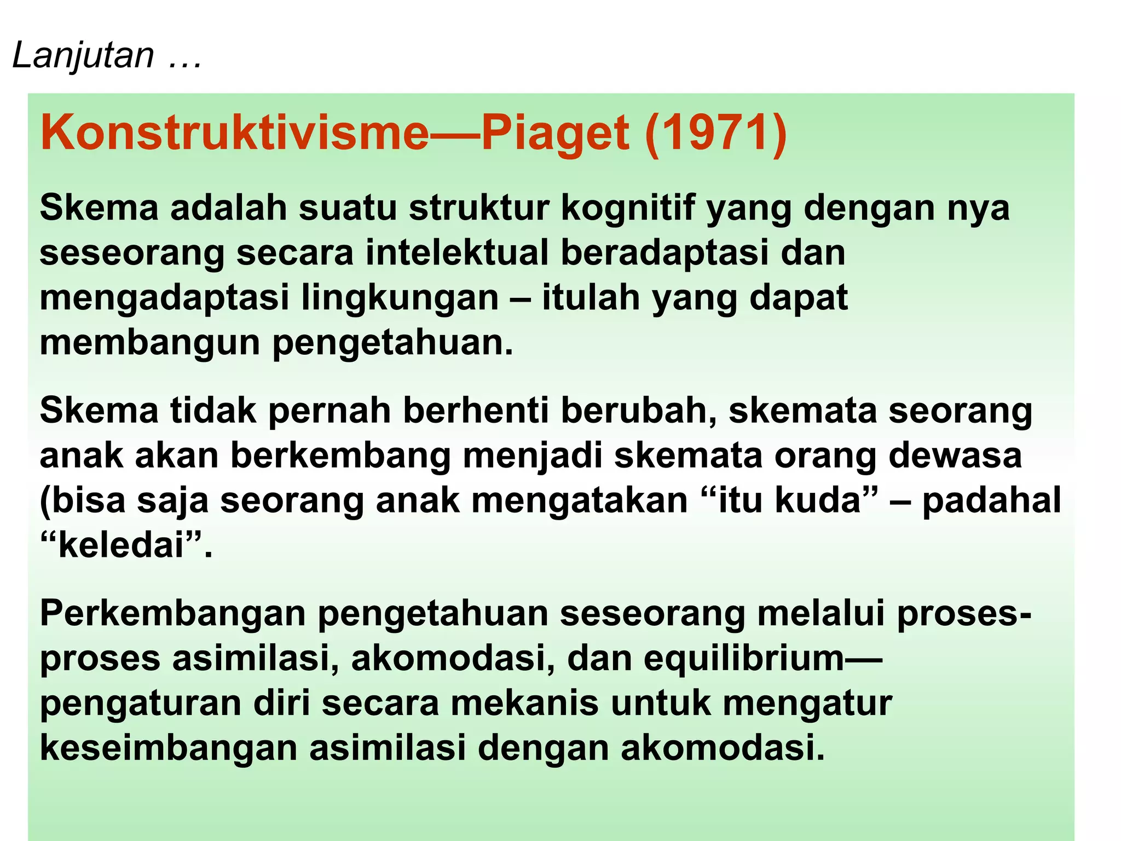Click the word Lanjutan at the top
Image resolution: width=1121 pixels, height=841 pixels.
(x=83, y=55)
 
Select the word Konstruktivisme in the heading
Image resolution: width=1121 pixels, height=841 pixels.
(x=234, y=133)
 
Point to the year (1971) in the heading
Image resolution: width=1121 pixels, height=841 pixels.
(x=716, y=133)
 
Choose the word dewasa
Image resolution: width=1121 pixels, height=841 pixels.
(x=955, y=455)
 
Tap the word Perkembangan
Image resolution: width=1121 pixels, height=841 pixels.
(x=172, y=613)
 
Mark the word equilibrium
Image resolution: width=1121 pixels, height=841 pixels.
(x=743, y=658)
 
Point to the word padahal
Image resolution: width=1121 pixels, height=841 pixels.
(x=991, y=501)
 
